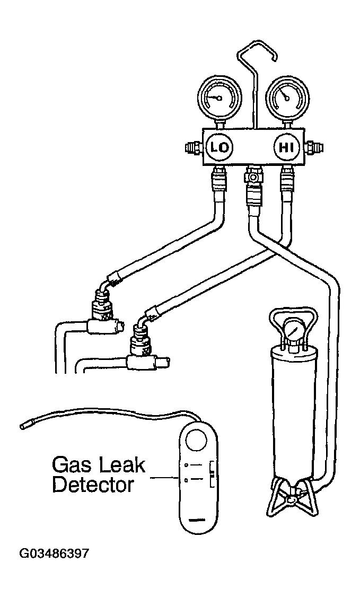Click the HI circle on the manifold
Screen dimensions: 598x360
pos(287,147)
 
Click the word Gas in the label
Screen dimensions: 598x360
pos(72,465)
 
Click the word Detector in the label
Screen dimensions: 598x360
pos(93,485)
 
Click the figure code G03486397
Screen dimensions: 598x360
pos(55,554)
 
